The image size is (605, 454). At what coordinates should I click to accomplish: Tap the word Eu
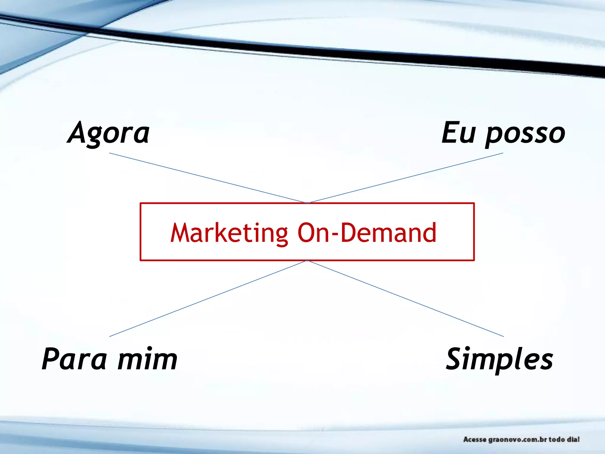click(x=459, y=133)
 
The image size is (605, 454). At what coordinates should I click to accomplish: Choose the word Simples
click(x=499, y=359)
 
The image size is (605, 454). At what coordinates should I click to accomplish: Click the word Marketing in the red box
click(x=229, y=233)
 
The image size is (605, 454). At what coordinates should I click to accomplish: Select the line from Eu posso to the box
click(x=405, y=178)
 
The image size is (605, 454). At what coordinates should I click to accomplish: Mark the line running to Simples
click(x=405, y=299)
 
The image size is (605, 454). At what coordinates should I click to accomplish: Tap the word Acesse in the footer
click(x=475, y=440)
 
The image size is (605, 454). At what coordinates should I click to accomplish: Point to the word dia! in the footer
click(x=573, y=439)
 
